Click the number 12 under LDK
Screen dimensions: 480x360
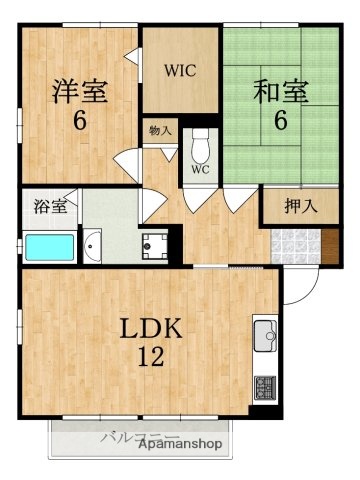[149, 357]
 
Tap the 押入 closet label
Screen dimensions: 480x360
[297, 207]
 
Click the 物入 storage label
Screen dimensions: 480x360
[160, 130]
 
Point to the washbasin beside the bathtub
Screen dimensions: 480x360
[95, 244]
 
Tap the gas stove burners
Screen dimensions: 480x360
[266, 385]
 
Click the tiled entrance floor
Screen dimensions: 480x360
[295, 243]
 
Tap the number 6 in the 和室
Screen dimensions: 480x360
[282, 120]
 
